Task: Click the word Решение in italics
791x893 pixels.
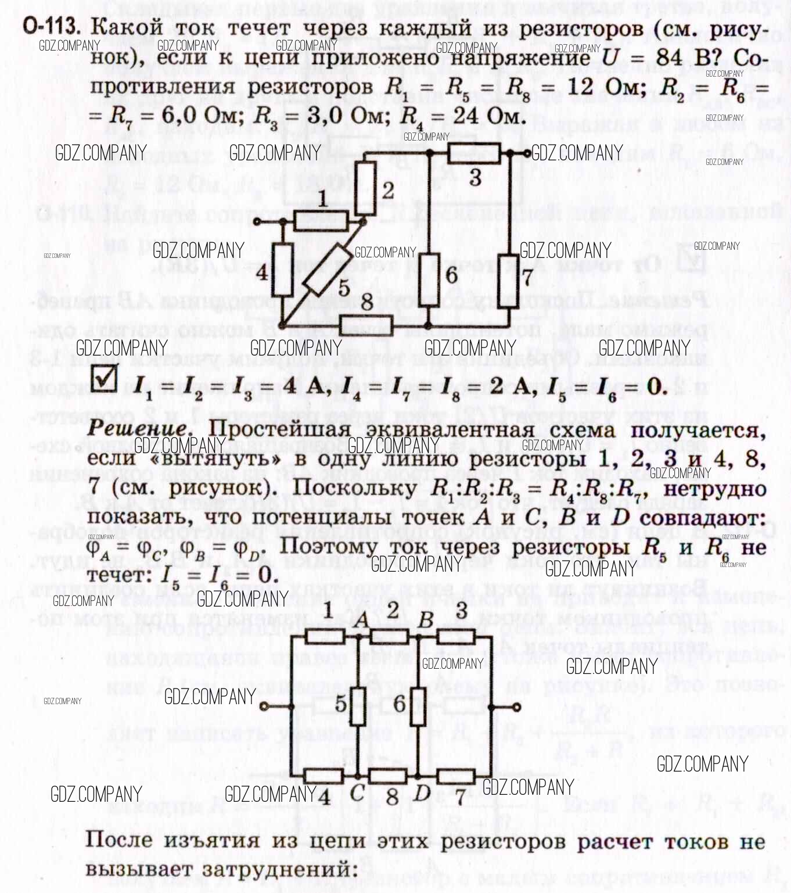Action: [138, 429]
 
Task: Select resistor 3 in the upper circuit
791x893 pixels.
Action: [474, 154]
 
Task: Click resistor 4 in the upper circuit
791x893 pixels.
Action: [283, 270]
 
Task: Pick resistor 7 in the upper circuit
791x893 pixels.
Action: [509, 278]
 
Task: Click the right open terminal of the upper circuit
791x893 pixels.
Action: [527, 153]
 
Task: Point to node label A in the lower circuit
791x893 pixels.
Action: [361, 619]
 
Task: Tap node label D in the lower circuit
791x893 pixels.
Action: [422, 792]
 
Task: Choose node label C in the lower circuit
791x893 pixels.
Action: [357, 792]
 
